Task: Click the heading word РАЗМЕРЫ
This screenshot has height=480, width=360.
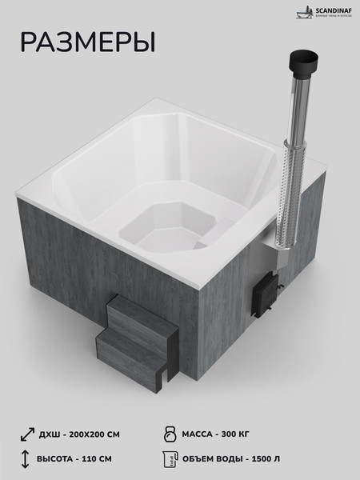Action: pos(87,42)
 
